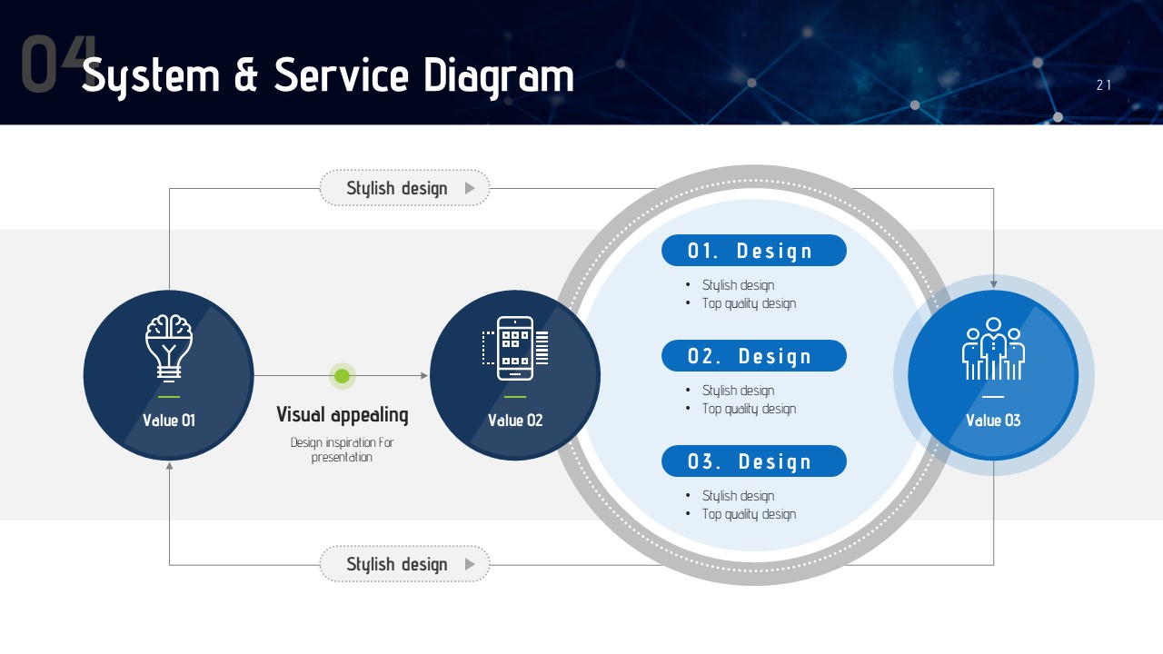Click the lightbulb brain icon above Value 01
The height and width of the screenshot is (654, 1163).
point(169,348)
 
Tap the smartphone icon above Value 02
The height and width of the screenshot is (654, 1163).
point(515,348)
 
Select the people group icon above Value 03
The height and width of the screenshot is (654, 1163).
point(993,349)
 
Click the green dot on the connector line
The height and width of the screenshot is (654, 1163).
point(343,376)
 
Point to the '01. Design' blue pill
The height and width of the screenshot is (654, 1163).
point(754,250)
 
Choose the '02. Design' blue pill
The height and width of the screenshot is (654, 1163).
point(754,355)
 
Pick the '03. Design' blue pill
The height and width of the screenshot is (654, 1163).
point(754,461)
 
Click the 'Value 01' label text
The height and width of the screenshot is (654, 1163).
point(169,420)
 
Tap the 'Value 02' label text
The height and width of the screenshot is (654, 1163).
point(515,420)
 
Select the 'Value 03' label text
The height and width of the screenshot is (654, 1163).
point(993,420)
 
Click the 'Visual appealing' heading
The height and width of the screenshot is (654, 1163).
point(343,415)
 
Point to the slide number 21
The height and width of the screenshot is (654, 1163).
point(1104,85)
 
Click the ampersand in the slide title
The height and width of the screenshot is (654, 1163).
point(246,75)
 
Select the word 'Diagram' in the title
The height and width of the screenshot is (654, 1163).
point(499,77)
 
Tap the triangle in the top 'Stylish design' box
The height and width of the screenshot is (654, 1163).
point(470,188)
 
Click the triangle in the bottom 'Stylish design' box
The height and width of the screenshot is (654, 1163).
point(470,564)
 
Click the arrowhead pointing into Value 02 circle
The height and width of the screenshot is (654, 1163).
point(424,375)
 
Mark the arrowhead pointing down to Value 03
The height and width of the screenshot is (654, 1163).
point(993,284)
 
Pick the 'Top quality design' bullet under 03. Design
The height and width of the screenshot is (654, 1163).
point(749,514)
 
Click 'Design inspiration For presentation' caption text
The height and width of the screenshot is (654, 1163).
point(343,450)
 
